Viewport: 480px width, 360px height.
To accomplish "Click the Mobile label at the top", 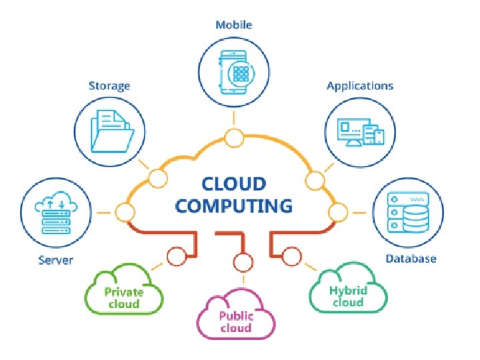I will click(233, 25).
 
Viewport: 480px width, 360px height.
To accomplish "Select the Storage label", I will click(109, 85).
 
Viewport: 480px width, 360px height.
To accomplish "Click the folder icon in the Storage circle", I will click(109, 131).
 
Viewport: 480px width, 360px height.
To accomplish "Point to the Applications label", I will click(359, 85).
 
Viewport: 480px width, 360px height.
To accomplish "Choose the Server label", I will click(55, 259).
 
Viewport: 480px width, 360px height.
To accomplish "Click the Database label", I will click(411, 259).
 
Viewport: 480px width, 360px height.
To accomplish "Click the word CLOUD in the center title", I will click(234, 183).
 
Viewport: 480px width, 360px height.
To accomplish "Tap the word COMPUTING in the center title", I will click(234, 205).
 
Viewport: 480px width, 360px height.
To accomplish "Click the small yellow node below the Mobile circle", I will click(233, 138).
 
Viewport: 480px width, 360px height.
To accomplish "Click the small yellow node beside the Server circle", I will click(125, 213).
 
